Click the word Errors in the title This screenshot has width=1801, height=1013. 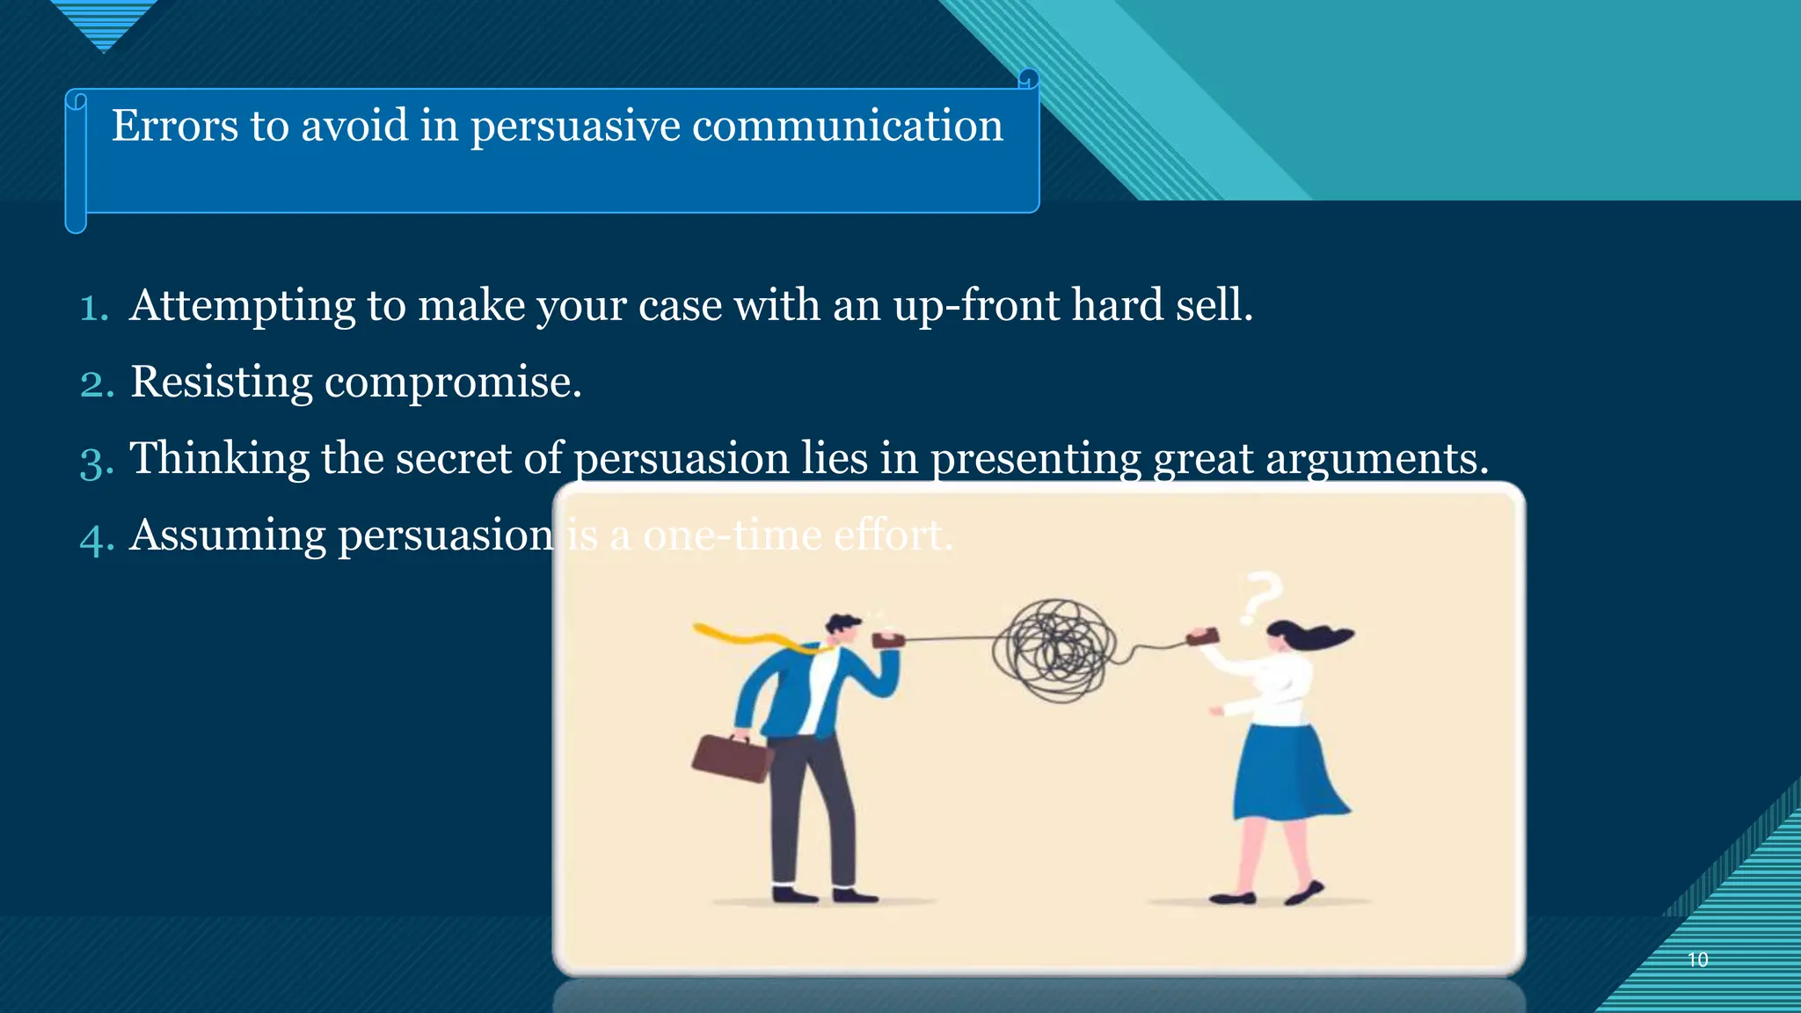coord(174,126)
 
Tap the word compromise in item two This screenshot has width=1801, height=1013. coord(452,383)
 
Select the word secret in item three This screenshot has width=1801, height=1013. coord(453,459)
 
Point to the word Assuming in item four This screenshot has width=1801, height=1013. coord(228,536)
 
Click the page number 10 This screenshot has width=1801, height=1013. coord(1697,959)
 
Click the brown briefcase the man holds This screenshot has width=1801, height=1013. coord(731,758)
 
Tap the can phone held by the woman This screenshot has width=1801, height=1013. coord(1203,636)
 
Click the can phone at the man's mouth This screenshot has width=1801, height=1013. coord(887,639)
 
